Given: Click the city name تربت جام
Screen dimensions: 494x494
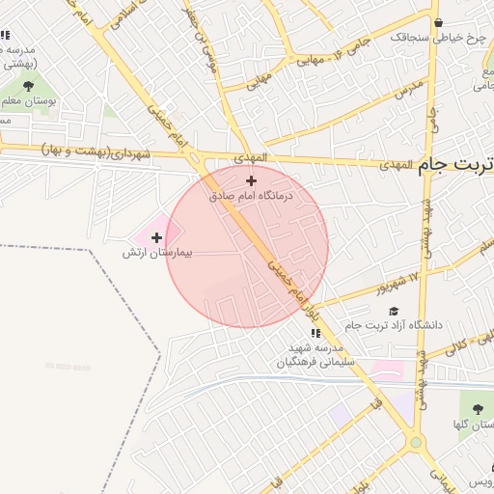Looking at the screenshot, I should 456,164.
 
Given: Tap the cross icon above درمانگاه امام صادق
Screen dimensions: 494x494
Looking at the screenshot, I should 252,180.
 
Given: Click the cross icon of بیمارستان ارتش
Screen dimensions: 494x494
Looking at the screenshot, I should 156,236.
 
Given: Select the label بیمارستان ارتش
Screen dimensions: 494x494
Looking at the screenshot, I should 157,252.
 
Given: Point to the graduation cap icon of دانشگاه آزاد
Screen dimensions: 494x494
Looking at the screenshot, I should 393,311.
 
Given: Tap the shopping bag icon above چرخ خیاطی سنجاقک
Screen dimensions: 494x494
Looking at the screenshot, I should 439,22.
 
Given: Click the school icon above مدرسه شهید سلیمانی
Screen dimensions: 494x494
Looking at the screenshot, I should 314,333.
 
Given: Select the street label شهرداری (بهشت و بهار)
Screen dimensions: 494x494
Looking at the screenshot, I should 96,152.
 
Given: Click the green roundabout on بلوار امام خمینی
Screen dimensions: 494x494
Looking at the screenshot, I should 417,443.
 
